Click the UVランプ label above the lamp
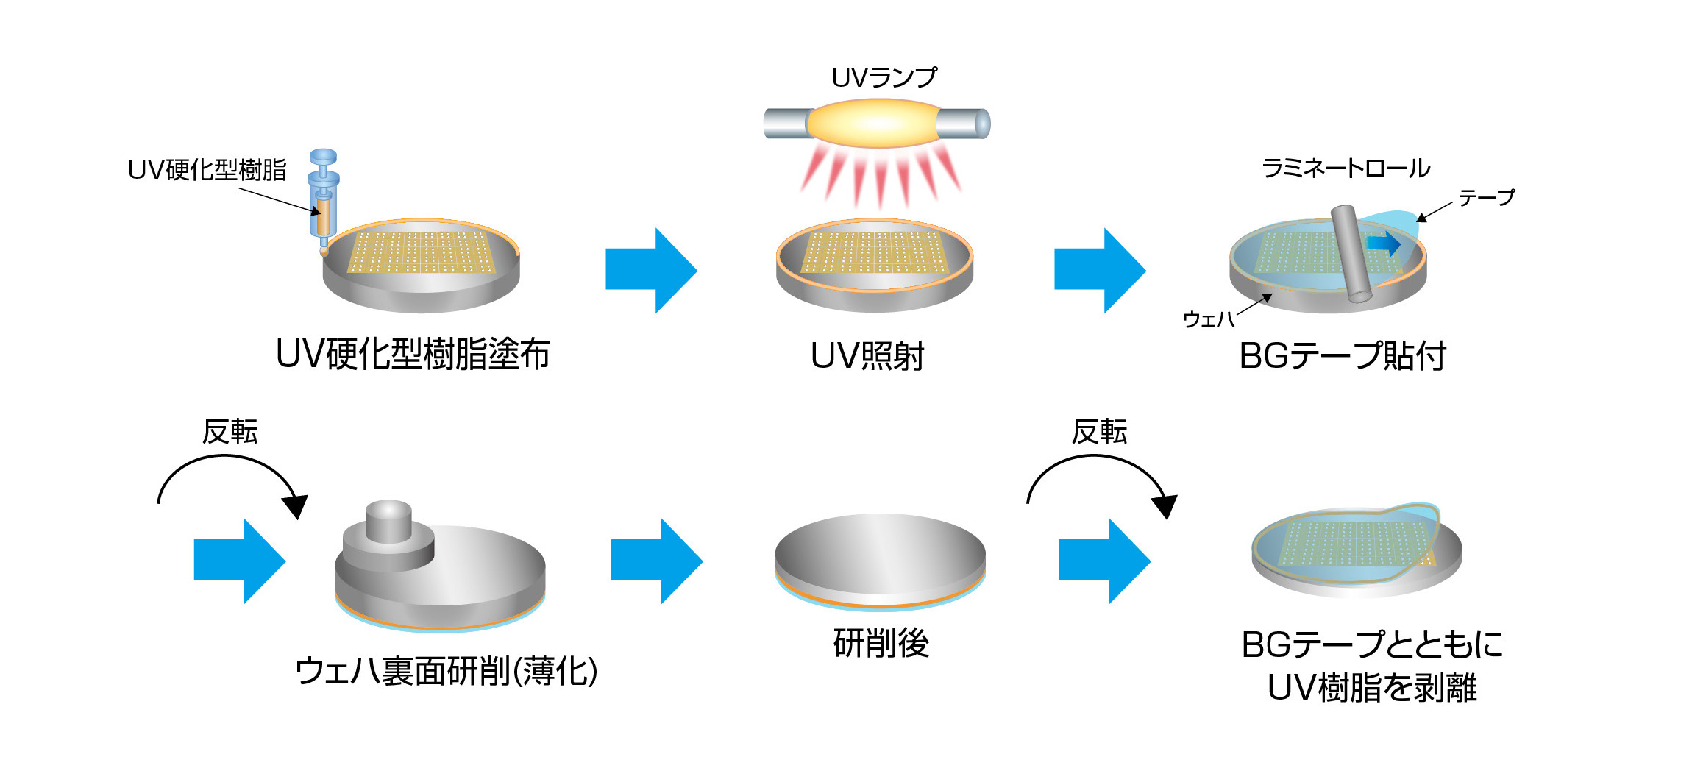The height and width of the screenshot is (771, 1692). click(x=884, y=77)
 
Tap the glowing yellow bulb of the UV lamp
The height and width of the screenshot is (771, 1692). click(x=874, y=123)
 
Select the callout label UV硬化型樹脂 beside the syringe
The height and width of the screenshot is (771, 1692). click(x=207, y=170)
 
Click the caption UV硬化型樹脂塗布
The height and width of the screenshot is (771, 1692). click(x=413, y=355)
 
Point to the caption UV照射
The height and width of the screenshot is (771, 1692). click(x=867, y=356)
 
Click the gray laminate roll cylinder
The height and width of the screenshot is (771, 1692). click(x=1351, y=253)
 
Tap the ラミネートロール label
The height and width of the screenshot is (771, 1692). click(x=1346, y=168)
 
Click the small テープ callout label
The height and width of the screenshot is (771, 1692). click(x=1486, y=197)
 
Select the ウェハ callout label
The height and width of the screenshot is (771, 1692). click(x=1208, y=319)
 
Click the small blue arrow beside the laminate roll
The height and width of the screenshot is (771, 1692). click(x=1384, y=243)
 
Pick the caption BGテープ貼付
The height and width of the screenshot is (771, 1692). click(x=1343, y=356)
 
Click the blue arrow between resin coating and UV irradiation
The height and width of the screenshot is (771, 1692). click(x=650, y=270)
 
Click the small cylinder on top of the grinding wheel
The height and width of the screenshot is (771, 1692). click(x=388, y=521)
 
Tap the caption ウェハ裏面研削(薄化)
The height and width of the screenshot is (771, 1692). click(x=446, y=671)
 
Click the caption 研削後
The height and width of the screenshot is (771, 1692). click(x=881, y=643)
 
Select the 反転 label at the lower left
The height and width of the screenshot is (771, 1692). click(x=230, y=432)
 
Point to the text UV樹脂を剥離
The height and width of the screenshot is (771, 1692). click(x=1371, y=688)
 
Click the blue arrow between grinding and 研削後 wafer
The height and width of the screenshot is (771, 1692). click(x=656, y=561)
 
